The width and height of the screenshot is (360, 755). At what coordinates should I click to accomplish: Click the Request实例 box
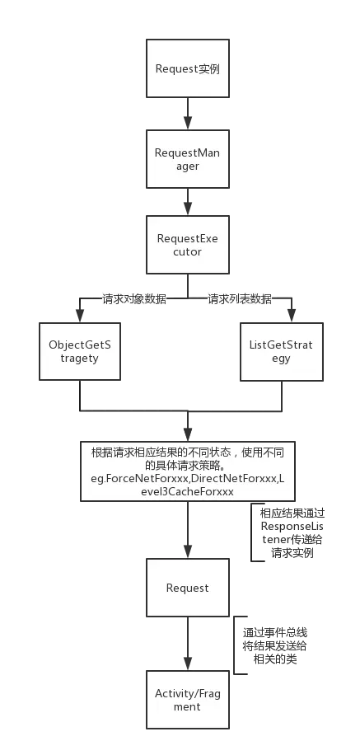tap(188, 68)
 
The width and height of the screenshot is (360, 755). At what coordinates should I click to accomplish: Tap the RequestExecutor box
tap(188, 245)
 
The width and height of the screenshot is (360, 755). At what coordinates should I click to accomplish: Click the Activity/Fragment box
tap(188, 701)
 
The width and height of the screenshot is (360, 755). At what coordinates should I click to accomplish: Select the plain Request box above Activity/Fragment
tap(188, 588)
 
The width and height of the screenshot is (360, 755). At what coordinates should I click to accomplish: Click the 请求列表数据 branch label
tap(240, 299)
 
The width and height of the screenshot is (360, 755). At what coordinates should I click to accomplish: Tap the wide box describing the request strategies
tap(188, 471)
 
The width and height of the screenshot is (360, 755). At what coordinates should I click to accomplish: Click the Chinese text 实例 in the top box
tap(209, 68)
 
